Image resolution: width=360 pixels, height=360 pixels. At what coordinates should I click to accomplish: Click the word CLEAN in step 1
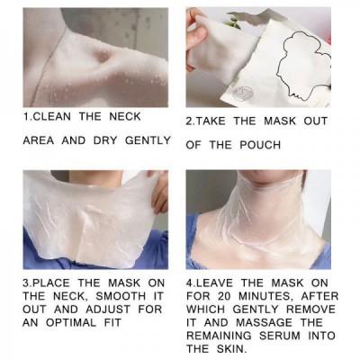pos(51,116)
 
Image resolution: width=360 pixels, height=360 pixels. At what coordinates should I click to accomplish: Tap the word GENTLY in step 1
pos(148,140)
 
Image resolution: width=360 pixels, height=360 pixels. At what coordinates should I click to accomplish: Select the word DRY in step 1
pos(105,140)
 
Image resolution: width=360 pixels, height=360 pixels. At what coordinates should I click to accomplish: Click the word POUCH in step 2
pos(260,145)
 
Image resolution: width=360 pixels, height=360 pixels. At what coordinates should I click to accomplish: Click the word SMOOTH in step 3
pos(121,296)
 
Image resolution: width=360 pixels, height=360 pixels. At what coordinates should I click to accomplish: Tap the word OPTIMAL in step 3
pos(71,323)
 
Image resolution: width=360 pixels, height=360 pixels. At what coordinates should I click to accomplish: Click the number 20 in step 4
pos(223,296)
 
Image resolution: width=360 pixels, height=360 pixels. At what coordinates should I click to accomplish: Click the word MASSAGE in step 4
pos(264,322)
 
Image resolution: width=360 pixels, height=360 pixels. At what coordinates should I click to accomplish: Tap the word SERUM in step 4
pos(280,336)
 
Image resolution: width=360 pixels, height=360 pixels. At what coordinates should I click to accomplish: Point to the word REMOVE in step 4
pos(310,310)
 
